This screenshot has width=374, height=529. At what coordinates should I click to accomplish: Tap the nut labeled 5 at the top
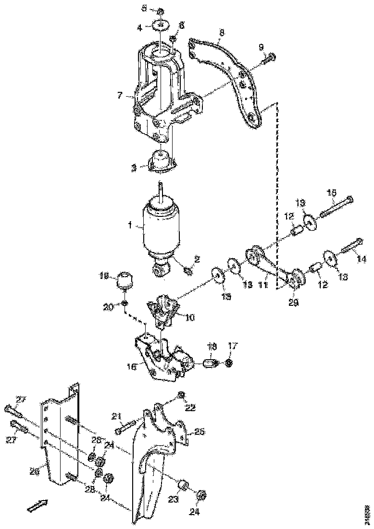click(x=161, y=11)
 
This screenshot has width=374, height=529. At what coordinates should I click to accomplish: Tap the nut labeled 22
click(x=181, y=395)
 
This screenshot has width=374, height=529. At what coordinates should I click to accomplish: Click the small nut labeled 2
click(x=188, y=272)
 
